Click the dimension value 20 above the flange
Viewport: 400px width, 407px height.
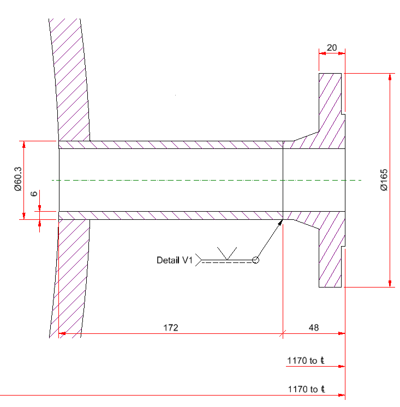(x=332, y=48)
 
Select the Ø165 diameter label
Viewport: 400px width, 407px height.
(x=384, y=180)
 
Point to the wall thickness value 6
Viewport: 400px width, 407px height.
(x=34, y=194)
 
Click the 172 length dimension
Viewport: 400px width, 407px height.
(x=171, y=327)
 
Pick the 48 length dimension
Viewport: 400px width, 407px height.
(x=314, y=327)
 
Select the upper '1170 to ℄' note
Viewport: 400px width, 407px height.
(x=306, y=361)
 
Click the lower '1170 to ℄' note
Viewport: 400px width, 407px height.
(x=306, y=390)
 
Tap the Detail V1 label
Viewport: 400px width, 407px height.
(x=175, y=260)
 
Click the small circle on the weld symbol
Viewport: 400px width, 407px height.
(x=255, y=260)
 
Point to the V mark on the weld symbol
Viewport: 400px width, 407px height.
(x=228, y=253)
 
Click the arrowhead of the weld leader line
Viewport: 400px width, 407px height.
(x=281, y=222)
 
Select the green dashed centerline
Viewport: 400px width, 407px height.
(x=207, y=180)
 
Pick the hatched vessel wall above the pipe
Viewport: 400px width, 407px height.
(x=71, y=82)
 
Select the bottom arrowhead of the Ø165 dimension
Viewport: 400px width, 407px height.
(x=390, y=283)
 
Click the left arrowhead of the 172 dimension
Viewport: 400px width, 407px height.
(x=62, y=333)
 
